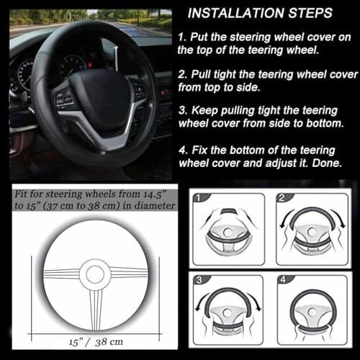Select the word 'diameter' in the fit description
click(151, 204)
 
